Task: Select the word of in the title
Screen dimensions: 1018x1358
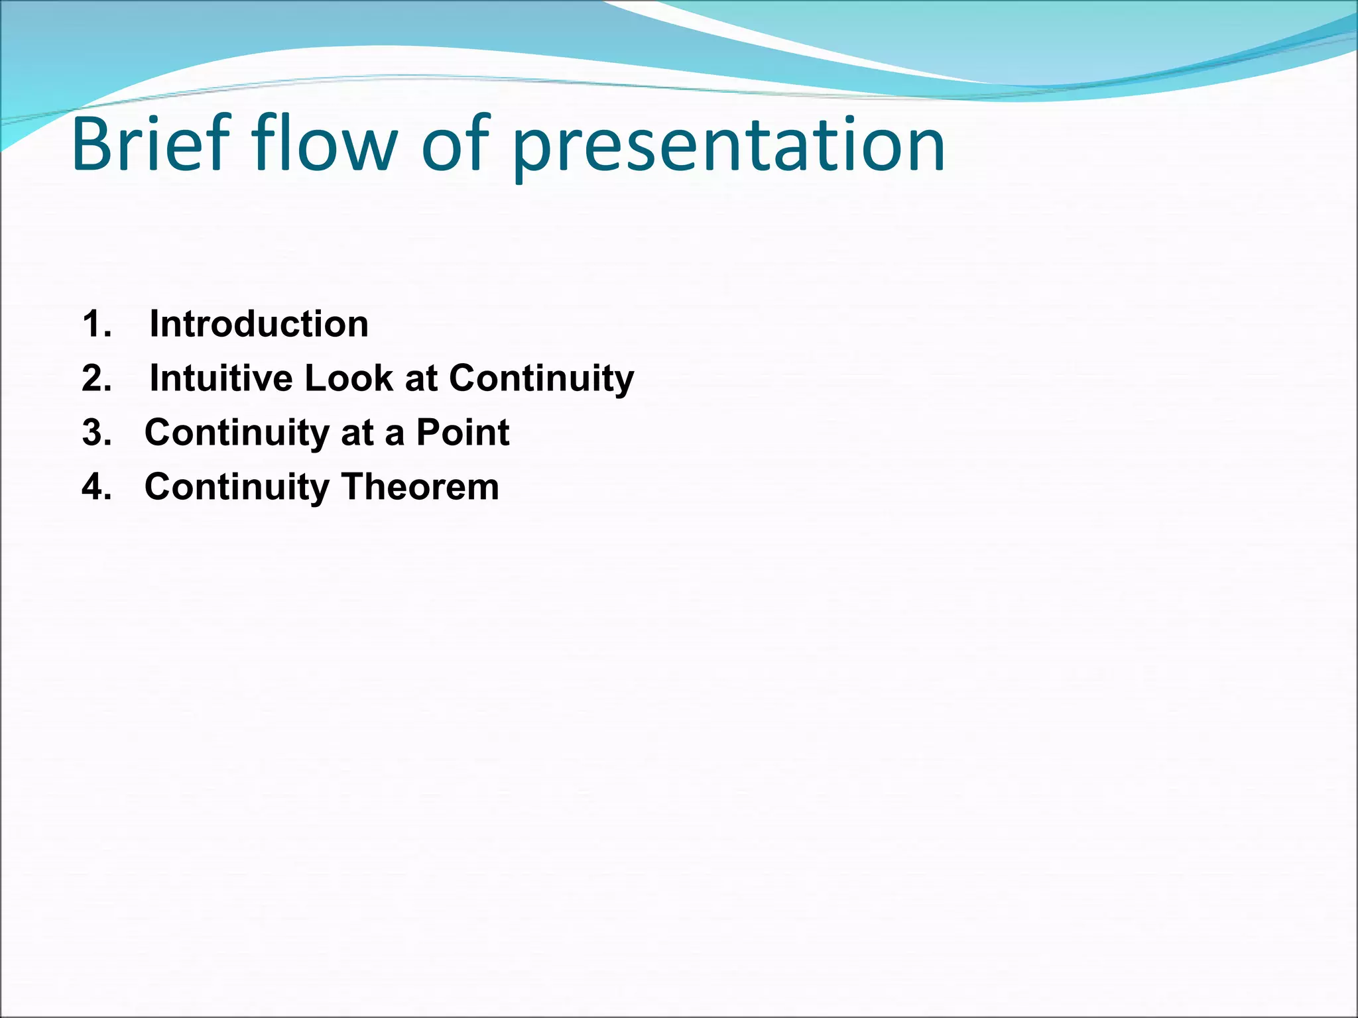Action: click(x=455, y=144)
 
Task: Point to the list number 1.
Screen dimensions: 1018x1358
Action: click(x=96, y=325)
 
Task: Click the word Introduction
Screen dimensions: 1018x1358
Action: click(x=259, y=325)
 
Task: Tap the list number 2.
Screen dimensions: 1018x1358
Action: click(x=97, y=379)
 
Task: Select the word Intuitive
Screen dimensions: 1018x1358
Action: click(x=221, y=379)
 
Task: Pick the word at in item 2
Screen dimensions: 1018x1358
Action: click(x=420, y=379)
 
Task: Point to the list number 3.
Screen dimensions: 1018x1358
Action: click(x=97, y=433)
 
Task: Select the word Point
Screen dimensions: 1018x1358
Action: click(x=462, y=433)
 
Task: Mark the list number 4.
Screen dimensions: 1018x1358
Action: click(x=97, y=488)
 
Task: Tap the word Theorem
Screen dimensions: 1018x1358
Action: click(x=420, y=488)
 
